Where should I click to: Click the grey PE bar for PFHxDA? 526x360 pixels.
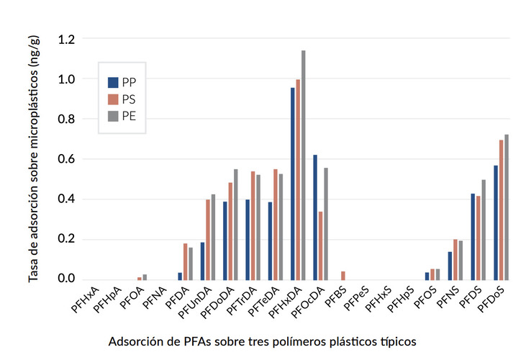[304, 165]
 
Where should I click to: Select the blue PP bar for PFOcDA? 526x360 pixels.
[315, 217]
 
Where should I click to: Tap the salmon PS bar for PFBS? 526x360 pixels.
[343, 276]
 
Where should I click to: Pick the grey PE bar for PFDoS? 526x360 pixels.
[507, 207]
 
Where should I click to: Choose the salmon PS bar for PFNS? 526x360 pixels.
[456, 259]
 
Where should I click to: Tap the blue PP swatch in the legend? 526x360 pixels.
[113, 82]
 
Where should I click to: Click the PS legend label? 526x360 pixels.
[129, 99]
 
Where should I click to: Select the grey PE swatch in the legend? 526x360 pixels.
[113, 115]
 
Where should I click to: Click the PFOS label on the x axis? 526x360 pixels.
[424, 299]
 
